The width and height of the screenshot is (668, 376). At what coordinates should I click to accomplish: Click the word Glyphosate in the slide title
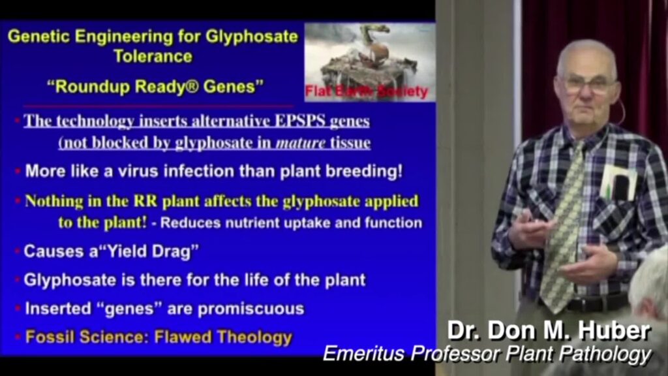pyautogui.click(x=252, y=37)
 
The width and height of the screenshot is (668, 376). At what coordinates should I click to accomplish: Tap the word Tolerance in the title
pyautogui.click(x=153, y=57)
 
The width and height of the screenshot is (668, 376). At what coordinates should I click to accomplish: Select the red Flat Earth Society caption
pyautogui.click(x=367, y=91)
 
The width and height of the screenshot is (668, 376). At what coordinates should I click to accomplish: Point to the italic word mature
pyautogui.click(x=301, y=143)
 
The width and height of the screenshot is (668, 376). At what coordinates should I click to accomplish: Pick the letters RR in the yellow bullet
pyautogui.click(x=145, y=201)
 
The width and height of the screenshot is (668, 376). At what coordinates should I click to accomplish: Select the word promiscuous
pyautogui.click(x=251, y=309)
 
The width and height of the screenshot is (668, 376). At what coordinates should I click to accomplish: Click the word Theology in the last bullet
pyautogui.click(x=255, y=337)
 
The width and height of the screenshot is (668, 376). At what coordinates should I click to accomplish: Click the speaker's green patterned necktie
pyautogui.click(x=564, y=226)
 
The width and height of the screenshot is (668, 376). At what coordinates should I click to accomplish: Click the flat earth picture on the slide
pyautogui.click(x=370, y=62)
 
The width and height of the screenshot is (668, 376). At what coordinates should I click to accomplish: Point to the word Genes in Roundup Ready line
pyautogui.click(x=234, y=87)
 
